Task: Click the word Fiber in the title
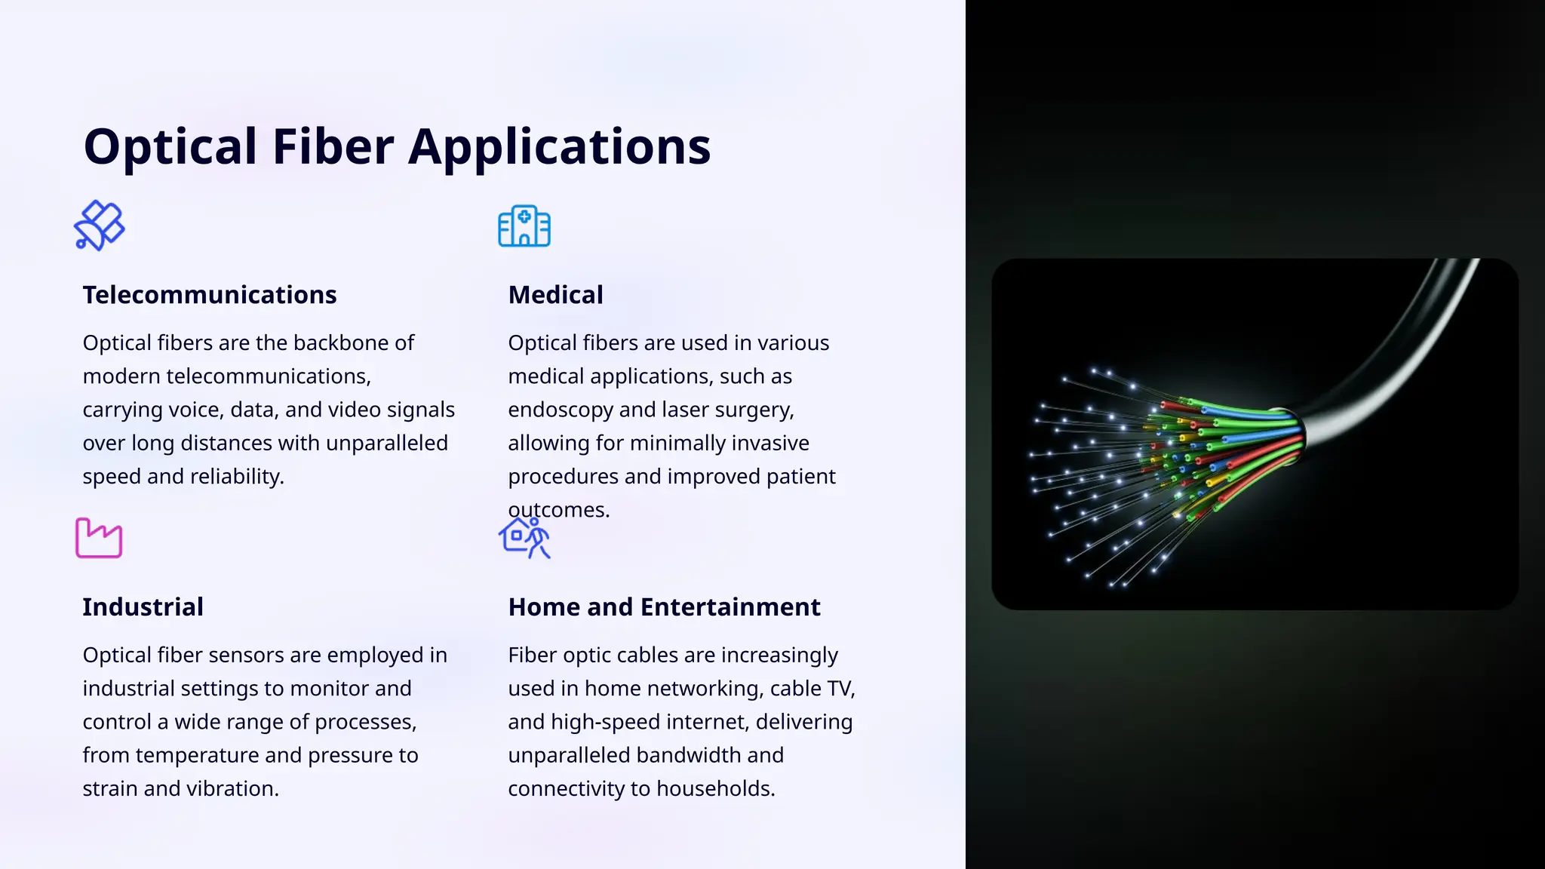(x=333, y=146)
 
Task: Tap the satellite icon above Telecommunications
(x=99, y=226)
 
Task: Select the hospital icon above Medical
(x=524, y=226)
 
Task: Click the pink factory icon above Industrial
(x=99, y=538)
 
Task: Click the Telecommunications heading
(x=210, y=295)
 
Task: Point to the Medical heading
(x=555, y=295)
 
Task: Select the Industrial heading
(x=143, y=607)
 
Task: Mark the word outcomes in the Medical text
(x=558, y=511)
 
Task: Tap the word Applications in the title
(x=559, y=146)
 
